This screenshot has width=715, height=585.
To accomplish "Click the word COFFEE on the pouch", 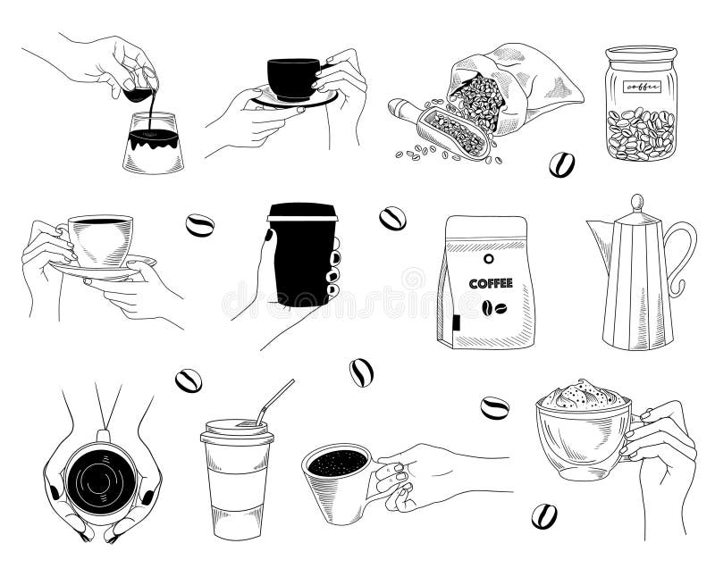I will pyautogui.click(x=491, y=283).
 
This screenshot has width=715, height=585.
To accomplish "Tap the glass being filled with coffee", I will pyautogui.click(x=153, y=143).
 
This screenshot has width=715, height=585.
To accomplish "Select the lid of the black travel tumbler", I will pyautogui.click(x=302, y=212).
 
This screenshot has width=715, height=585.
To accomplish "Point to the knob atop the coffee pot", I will pyautogui.click(x=636, y=200).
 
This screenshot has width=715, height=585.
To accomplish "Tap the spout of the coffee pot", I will pyautogui.click(x=597, y=234).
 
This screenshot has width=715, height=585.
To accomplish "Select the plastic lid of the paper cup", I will pyautogui.click(x=235, y=431).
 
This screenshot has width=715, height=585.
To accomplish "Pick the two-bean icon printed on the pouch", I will pyautogui.click(x=491, y=308).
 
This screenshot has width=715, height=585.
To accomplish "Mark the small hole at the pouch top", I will pyautogui.click(x=489, y=260).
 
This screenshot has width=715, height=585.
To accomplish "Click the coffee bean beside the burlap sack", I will pyautogui.click(x=561, y=164).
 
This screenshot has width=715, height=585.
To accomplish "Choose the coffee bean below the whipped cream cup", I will pyautogui.click(x=543, y=515).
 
